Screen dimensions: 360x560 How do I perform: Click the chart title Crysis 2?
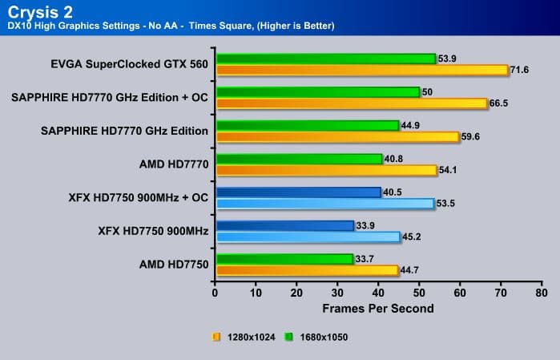tap(39, 10)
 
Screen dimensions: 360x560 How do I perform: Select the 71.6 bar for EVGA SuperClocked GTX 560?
tap(361, 70)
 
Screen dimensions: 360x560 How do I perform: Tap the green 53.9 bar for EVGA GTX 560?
tap(324, 59)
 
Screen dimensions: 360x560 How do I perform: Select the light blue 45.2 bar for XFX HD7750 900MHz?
tap(308, 237)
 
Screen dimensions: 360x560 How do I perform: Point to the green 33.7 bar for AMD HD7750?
tap(284, 259)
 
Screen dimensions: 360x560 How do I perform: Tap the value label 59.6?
tap(471, 137)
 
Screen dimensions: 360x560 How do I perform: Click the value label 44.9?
tap(411, 125)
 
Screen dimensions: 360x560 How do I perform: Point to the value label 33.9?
tap(366, 225)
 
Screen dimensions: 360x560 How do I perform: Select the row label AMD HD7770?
tap(174, 164)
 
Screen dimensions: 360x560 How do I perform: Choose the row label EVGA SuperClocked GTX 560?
tap(129, 63)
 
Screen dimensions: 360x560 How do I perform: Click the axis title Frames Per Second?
tap(378, 309)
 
